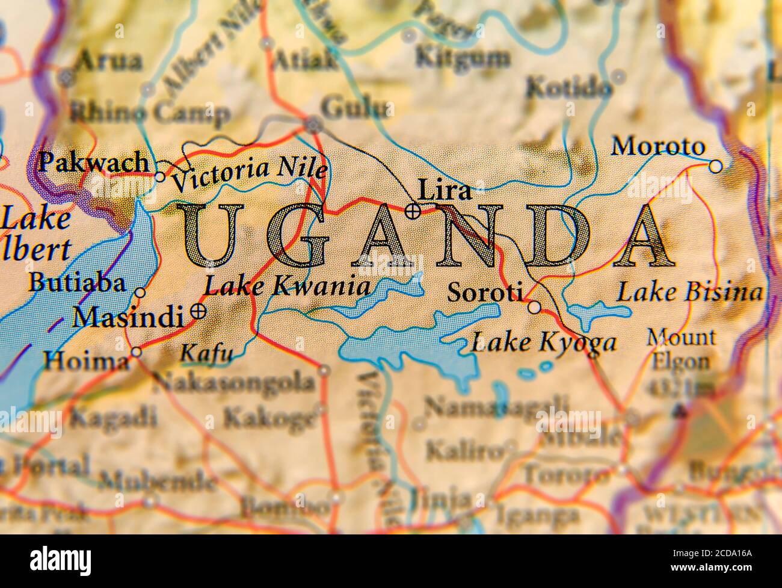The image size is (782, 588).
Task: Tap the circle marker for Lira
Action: pos(413,211)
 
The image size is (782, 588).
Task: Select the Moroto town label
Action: pos(657,146)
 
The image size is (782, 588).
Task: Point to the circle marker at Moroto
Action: pos(715,166)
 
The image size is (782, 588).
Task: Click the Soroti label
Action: pos(485,292)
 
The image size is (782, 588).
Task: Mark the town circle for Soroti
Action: pos(535,308)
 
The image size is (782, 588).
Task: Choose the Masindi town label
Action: pos(127,316)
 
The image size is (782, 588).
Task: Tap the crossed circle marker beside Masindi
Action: pos(197,311)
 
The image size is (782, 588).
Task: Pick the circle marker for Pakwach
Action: pos(160,177)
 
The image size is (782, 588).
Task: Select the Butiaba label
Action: pos(77,283)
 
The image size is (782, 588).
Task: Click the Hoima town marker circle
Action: pos(137,352)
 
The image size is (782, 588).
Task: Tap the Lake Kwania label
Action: pos(287,286)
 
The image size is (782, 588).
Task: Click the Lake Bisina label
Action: pos(690,293)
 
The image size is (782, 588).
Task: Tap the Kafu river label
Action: pos(206,354)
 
